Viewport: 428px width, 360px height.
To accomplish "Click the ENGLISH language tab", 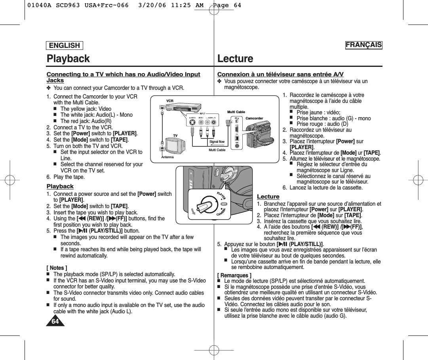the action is (65, 45).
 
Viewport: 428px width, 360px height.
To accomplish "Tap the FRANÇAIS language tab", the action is (363, 45).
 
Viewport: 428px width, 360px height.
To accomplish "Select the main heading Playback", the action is (68, 59).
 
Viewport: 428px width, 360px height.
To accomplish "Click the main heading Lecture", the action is (235, 59).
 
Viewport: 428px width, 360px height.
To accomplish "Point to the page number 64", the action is (55, 321).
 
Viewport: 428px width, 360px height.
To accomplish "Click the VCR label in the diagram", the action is (170, 101).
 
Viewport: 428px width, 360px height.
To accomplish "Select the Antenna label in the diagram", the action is (167, 157).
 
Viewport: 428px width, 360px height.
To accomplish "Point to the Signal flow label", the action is (217, 142).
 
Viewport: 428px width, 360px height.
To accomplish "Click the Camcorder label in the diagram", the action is (254, 118).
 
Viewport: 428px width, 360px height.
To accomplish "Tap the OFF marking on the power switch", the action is (224, 203).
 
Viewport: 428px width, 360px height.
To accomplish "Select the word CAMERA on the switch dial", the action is (222, 212).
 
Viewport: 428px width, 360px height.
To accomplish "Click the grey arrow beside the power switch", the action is (193, 212).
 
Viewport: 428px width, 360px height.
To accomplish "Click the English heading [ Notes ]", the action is (57, 268).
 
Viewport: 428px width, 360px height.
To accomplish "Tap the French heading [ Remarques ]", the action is (234, 275).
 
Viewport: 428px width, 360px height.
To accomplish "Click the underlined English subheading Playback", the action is (60, 186).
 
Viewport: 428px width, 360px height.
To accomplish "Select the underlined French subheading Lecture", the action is (268, 197).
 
